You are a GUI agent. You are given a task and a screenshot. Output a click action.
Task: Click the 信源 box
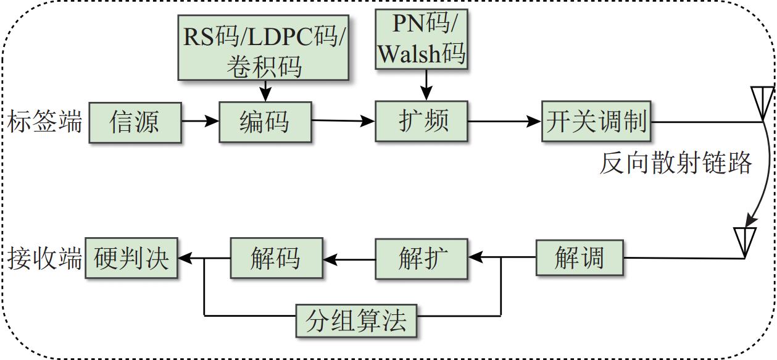135,122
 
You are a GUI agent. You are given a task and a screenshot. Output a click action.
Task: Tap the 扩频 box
422,120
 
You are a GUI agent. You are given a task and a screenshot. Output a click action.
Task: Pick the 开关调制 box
597,121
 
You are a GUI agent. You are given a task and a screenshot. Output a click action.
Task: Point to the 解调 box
580,257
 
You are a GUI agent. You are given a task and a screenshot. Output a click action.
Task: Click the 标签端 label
45,122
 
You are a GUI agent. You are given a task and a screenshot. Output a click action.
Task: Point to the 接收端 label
45,259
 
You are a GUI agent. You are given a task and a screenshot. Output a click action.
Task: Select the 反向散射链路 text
676,164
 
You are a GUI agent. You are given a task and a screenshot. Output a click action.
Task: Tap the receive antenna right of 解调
745,242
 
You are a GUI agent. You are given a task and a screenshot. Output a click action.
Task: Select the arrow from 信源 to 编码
200,121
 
